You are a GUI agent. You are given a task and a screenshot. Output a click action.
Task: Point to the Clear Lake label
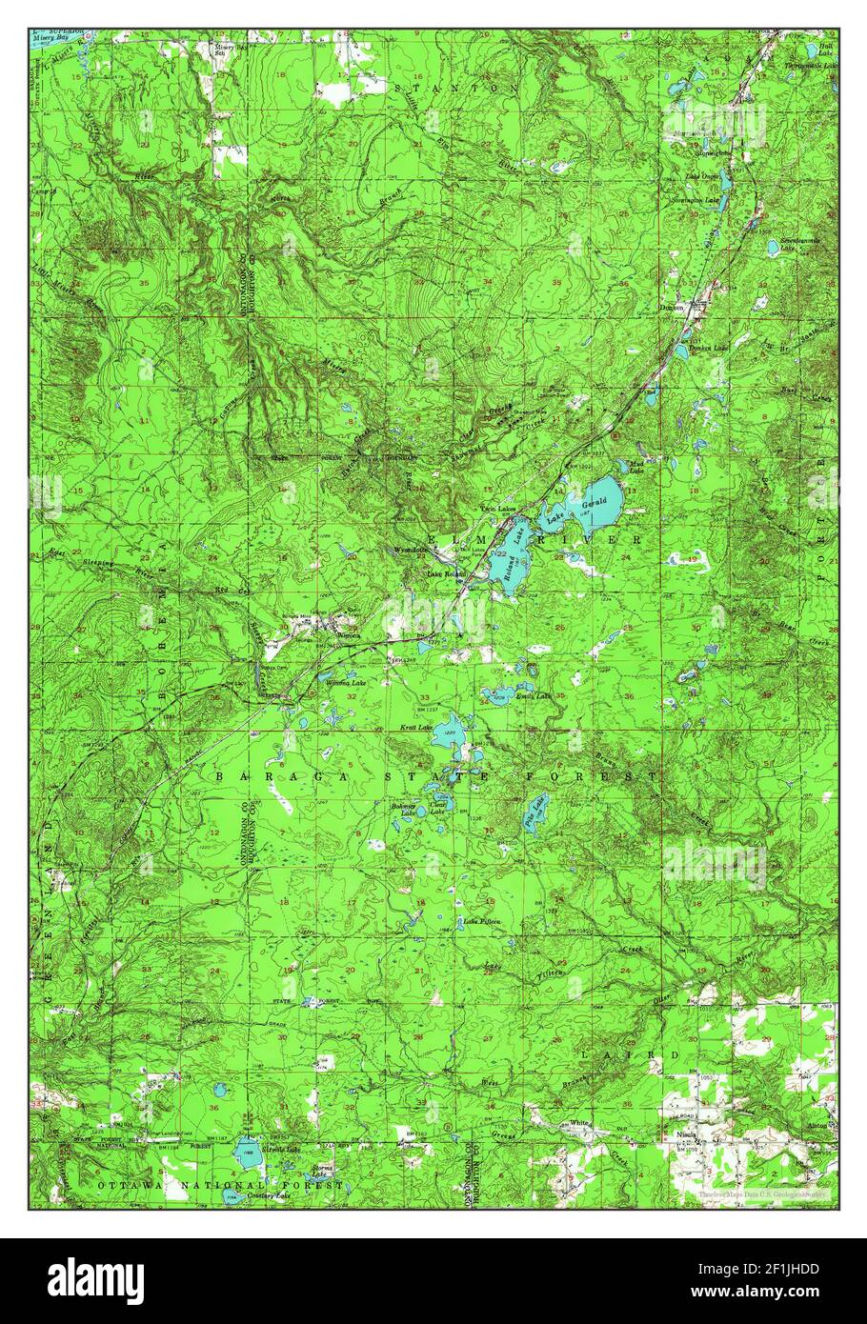point(438,805)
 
